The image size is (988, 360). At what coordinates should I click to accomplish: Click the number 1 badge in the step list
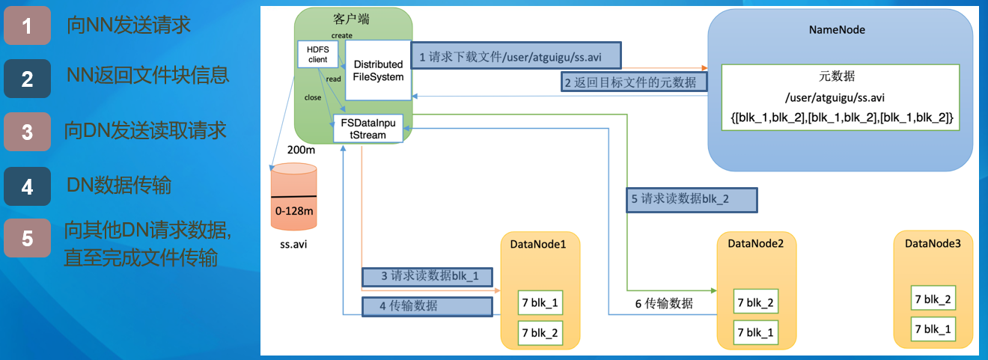[x=27, y=26]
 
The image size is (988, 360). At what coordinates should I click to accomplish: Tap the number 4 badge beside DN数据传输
[x=27, y=186]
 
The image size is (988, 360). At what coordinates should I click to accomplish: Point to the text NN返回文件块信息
[x=148, y=75]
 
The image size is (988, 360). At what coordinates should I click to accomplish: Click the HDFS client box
[x=313, y=53]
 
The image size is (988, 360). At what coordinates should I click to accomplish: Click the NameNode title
[x=837, y=30]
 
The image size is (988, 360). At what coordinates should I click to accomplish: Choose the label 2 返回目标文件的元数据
[x=635, y=81]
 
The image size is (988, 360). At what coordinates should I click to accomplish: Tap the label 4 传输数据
[x=427, y=305]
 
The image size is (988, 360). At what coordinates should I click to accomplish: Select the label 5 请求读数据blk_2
[x=689, y=199]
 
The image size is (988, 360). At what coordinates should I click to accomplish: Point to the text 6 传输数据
[x=664, y=303]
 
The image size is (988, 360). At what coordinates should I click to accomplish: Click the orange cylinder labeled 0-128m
[x=293, y=198]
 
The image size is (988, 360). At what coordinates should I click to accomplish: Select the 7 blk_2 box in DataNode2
[x=757, y=302]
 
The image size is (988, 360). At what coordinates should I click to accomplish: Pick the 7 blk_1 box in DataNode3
[x=933, y=328]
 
